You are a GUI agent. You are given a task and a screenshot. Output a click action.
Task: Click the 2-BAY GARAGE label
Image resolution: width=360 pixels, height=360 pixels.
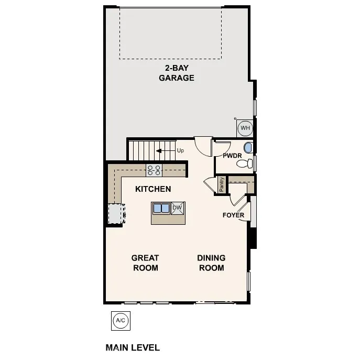[177, 73]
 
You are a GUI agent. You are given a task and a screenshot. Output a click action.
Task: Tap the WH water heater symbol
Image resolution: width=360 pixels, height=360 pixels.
[245, 127]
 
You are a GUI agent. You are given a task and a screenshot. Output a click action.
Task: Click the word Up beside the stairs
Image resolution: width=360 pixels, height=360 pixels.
[180, 151]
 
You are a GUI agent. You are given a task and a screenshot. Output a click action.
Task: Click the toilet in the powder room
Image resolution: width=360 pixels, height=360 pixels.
[244, 164]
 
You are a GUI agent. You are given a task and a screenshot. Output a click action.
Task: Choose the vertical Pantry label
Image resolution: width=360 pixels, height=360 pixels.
[222, 185]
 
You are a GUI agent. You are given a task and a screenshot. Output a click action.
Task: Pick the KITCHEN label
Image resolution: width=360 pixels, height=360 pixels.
[153, 189]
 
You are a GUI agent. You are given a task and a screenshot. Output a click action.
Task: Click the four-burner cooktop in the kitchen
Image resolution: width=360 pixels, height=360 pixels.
[154, 169]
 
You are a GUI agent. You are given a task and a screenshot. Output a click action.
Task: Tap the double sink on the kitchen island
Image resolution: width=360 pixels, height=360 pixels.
[161, 208]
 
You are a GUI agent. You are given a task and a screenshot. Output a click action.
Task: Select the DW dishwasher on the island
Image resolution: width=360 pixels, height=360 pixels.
[177, 208]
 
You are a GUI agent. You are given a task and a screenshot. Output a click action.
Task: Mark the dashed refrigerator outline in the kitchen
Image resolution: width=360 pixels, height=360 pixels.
[115, 213]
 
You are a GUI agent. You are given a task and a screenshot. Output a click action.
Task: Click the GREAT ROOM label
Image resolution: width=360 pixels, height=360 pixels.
[145, 263]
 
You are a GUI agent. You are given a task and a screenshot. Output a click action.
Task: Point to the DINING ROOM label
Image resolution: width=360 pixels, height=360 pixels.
[211, 263]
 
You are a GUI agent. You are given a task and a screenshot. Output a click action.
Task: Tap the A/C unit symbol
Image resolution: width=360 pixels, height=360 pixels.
[120, 320]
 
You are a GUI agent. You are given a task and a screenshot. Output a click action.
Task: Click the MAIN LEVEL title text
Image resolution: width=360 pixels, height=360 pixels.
[133, 347]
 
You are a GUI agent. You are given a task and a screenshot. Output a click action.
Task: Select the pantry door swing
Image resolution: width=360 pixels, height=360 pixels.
[209, 184]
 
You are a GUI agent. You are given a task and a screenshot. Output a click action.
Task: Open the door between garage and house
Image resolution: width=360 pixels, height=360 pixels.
[202, 144]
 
